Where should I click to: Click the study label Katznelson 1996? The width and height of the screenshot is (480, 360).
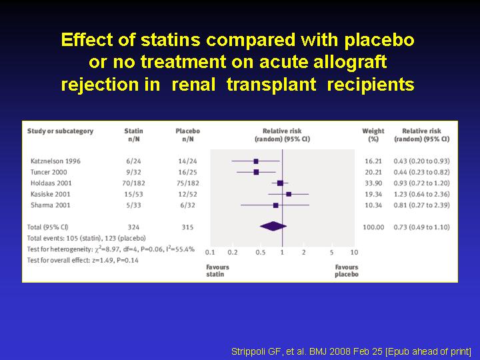coord(55,161)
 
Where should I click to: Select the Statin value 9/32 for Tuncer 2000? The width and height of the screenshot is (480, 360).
coord(133,172)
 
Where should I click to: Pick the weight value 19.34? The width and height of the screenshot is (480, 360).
coord(373,194)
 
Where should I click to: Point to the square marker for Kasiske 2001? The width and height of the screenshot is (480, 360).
coord(289,194)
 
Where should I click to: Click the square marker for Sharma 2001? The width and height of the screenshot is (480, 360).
coord(276,205)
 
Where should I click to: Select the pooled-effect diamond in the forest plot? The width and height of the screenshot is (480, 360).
coord(273,227)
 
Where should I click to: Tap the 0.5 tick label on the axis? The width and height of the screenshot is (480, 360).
coord(261,252)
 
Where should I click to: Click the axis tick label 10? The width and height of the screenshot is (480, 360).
coord(354,252)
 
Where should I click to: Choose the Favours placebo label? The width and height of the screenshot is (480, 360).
coord(347,271)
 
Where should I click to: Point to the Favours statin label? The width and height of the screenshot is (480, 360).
coord(217,271)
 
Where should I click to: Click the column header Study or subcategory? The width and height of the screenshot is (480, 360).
coord(60,131)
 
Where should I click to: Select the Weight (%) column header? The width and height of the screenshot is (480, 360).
coord(373,135)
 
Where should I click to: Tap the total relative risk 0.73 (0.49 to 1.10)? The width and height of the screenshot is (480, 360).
coord(421,227)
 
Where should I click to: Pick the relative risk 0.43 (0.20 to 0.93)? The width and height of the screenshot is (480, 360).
coord(421,161)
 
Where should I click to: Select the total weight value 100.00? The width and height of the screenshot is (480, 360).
coord(373,227)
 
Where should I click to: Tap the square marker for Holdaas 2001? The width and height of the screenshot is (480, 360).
coord(280,183)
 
